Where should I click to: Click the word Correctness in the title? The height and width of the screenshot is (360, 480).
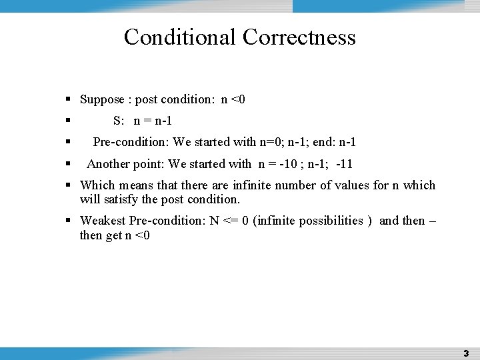299,37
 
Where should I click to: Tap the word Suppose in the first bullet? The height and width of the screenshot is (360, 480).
102,100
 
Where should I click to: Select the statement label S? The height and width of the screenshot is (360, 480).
119,121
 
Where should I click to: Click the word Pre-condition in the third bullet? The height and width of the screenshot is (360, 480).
131,142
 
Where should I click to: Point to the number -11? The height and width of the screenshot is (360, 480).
345,164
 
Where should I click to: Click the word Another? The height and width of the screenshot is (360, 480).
108,164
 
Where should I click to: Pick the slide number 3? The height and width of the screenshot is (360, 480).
466,353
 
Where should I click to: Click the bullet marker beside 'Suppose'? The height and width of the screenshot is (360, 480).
69,100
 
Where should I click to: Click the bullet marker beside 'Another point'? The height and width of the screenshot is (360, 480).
69,164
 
